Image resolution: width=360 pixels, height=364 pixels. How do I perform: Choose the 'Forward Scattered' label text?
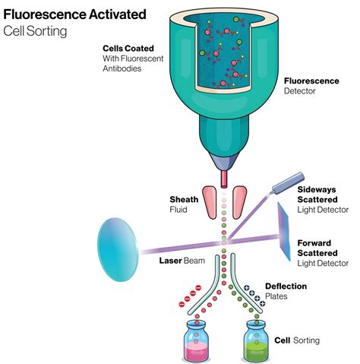click(x=317, y=242)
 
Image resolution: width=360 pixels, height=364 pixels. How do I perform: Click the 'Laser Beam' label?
click(x=180, y=261)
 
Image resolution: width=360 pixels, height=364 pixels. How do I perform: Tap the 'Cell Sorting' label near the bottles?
click(x=297, y=341)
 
